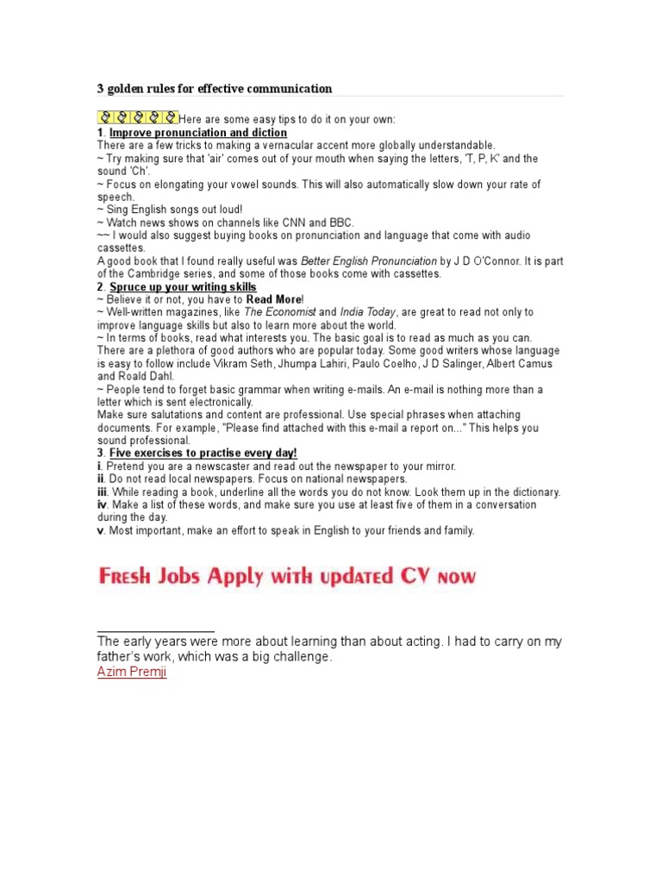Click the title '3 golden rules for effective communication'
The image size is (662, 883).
pyautogui.click(x=214, y=89)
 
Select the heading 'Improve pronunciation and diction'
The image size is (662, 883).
pyautogui.click(x=198, y=133)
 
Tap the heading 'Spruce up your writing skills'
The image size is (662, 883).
pyautogui.click(x=183, y=286)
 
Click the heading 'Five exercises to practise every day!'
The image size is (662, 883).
pyautogui.click(x=203, y=453)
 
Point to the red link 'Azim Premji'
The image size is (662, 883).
pyautogui.click(x=132, y=672)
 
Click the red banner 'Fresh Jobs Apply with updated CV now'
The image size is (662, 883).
pyautogui.click(x=286, y=576)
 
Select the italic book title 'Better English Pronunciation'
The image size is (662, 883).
pyautogui.click(x=368, y=261)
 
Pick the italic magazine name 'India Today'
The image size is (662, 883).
pyautogui.click(x=368, y=312)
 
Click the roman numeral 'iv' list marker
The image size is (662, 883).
pyautogui.click(x=102, y=504)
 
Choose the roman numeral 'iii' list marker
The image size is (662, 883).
pyautogui.click(x=102, y=492)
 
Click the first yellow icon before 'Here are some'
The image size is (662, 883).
pyautogui.click(x=104, y=117)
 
